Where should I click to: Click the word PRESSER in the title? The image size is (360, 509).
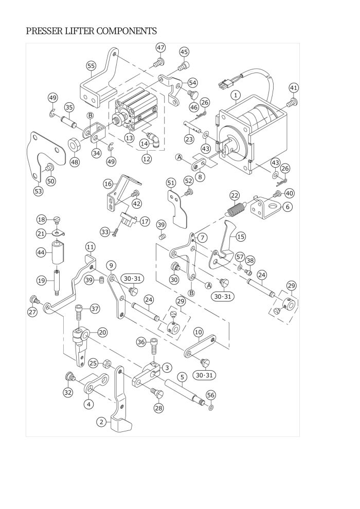pos(44,31)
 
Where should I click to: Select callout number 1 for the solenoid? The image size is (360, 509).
pos(236,95)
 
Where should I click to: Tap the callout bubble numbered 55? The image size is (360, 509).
pos(91,66)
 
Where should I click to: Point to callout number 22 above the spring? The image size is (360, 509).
pos(235,196)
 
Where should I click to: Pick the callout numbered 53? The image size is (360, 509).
pos(38,191)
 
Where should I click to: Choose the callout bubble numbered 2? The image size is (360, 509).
pos(102,422)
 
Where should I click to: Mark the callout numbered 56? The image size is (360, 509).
pos(211,395)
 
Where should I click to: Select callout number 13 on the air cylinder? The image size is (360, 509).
pos(129,138)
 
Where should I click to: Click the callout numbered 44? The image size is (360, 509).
pos(41,252)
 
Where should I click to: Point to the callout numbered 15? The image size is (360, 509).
pos(241,237)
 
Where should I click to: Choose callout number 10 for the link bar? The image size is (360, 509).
pos(199,333)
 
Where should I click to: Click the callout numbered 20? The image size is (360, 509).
pos(102,333)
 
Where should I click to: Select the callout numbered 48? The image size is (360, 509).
pos(75,161)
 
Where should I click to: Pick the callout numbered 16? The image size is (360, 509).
pos(108,184)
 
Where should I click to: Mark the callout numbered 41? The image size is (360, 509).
pos(294,87)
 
